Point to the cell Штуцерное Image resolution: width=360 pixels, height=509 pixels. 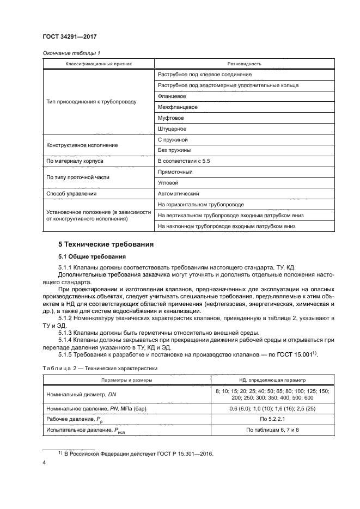click(172, 128)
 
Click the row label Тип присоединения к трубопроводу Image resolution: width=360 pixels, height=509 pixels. click(91, 101)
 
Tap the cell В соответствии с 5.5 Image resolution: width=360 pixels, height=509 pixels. click(183, 161)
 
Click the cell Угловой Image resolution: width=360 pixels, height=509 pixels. click(168, 183)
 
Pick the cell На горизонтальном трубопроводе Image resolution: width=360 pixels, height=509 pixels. click(200, 205)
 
